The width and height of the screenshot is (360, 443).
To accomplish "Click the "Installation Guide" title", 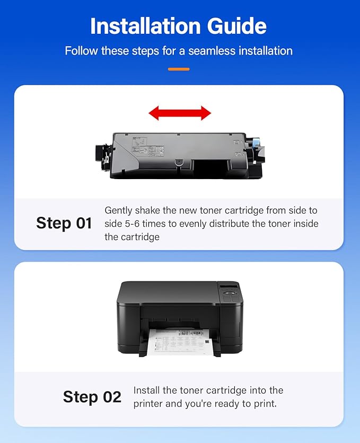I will (178, 26).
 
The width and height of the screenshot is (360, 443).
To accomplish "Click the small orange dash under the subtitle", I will (179, 69).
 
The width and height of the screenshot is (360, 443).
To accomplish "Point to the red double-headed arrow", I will (180, 112).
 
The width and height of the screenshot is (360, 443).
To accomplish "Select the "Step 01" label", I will (64, 223).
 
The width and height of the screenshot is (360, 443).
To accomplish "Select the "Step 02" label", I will (92, 397).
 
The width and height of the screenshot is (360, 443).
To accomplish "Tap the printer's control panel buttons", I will (231, 298).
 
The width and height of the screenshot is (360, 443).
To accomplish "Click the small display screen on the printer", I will (228, 288).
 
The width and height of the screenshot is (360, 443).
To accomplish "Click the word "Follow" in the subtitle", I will (79, 51).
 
